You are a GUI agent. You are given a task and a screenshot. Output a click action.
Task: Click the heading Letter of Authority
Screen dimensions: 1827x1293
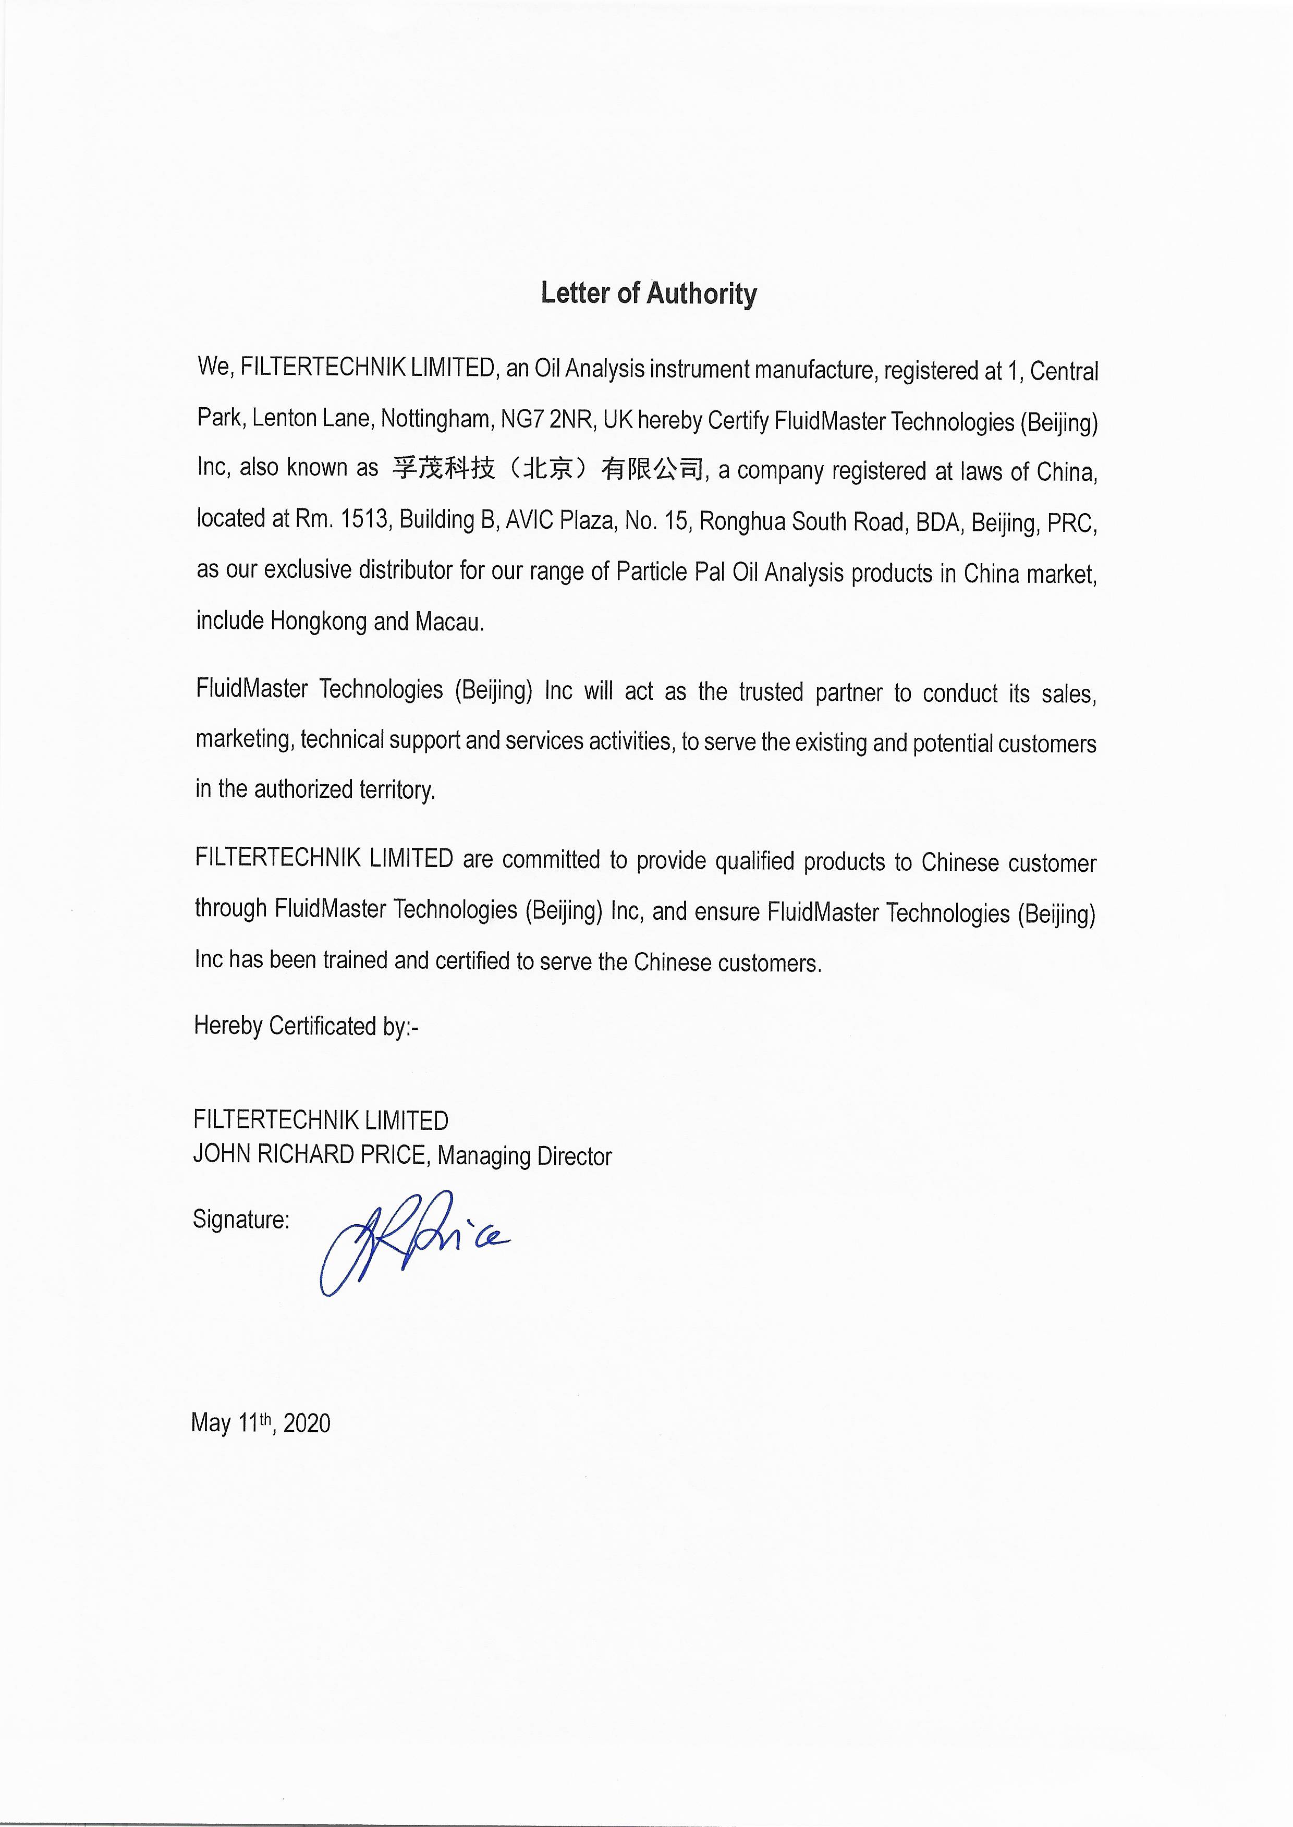(648, 294)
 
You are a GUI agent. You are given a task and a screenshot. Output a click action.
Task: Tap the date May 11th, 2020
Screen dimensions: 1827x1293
(260, 1422)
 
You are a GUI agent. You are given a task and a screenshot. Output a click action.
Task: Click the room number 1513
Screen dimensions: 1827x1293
(364, 519)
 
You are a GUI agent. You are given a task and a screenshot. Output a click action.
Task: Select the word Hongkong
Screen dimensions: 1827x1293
(319, 622)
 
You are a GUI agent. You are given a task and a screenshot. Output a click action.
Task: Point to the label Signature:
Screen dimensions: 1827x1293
(240, 1220)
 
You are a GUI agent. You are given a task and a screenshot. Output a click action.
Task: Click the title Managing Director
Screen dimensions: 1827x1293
(524, 1156)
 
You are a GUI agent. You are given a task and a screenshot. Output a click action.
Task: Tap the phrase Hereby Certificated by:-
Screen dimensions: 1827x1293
(306, 1026)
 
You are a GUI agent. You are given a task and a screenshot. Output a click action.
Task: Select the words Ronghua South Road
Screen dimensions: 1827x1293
(802, 522)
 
